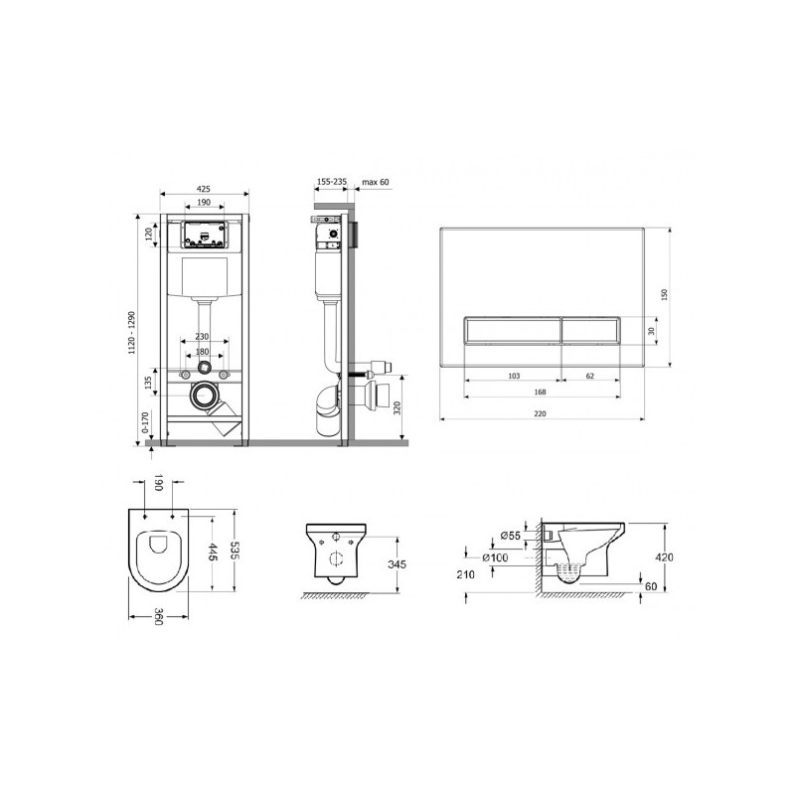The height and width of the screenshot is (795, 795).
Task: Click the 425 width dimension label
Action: click(x=203, y=189)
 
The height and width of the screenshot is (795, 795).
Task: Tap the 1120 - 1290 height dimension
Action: click(x=132, y=333)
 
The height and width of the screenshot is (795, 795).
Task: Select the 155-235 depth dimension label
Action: click(x=332, y=182)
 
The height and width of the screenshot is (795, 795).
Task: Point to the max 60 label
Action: click(x=376, y=182)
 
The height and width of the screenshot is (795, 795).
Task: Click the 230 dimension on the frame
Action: click(x=202, y=337)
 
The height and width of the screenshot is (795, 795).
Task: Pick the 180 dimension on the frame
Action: click(x=202, y=352)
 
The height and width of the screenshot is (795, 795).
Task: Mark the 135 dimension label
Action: click(x=148, y=383)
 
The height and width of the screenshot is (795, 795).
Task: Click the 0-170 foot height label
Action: click(x=145, y=422)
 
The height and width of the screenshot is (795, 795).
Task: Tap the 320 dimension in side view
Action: click(x=397, y=407)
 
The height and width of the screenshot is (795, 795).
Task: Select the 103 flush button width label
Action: click(x=514, y=376)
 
